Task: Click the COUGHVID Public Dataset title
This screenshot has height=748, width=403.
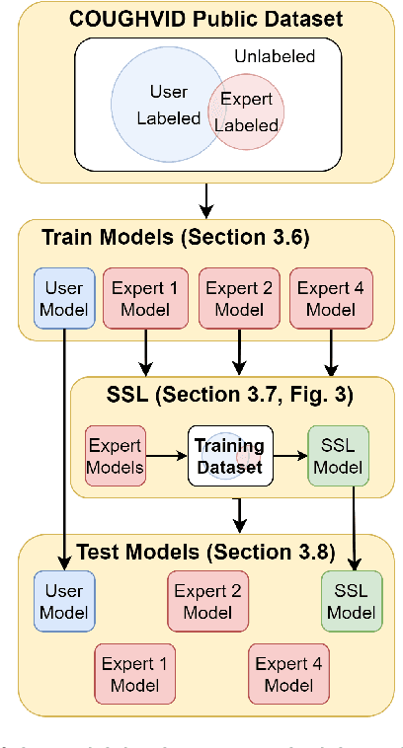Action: click(x=206, y=18)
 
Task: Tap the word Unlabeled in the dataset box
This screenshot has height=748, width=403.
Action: click(x=274, y=56)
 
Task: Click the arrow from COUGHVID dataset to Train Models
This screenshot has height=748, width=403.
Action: click(x=206, y=200)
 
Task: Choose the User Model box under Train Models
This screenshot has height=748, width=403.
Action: click(x=64, y=297)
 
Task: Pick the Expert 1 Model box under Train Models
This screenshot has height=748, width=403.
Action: click(x=146, y=297)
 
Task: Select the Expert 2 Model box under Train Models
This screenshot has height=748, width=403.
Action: click(x=237, y=297)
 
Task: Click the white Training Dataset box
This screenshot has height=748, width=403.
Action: click(x=228, y=455)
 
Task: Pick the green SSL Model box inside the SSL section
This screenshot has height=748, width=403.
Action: click(x=338, y=455)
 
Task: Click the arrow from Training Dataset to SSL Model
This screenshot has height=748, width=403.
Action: click(x=288, y=456)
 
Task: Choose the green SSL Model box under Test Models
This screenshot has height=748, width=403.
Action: click(x=351, y=601)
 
